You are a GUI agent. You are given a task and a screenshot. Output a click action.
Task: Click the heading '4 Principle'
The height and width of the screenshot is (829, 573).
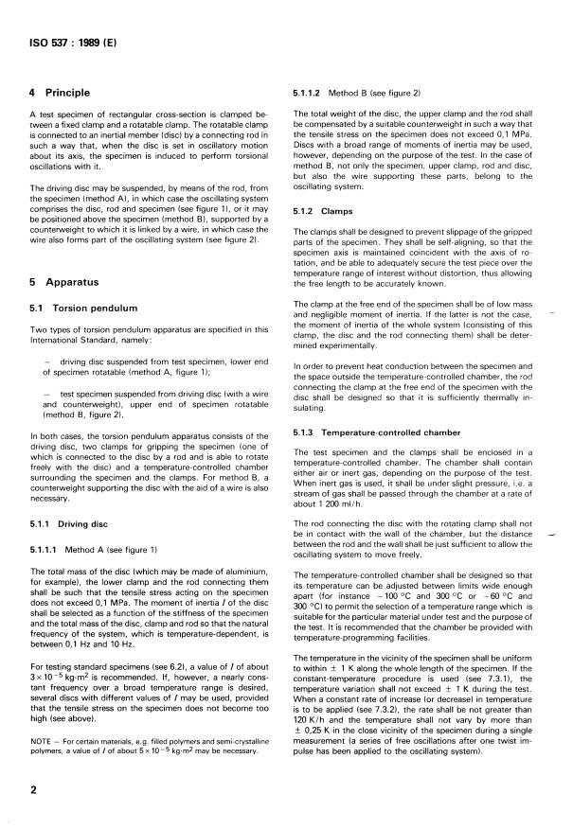point(59,93)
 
